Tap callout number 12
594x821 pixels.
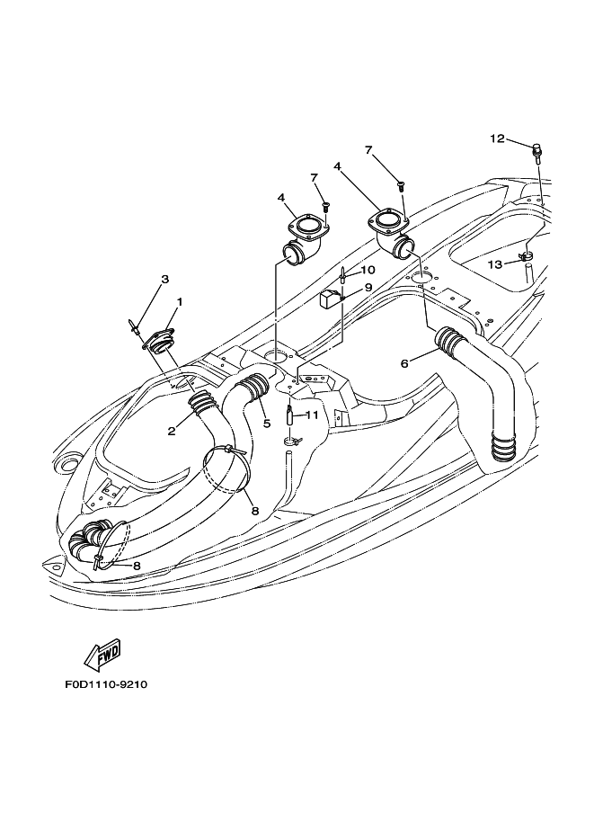pos(497,138)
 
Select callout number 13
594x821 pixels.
pos(494,264)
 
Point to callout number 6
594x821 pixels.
pos(404,363)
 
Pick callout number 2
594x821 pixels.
pos(171,431)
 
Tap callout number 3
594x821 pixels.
pos(164,279)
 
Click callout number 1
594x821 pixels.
pos(180,301)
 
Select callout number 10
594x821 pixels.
pos(368,270)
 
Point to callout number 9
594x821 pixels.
pos(368,287)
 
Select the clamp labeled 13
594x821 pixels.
pos(526,256)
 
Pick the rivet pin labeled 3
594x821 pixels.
pos(133,326)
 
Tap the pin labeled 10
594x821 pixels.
pos(342,274)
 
